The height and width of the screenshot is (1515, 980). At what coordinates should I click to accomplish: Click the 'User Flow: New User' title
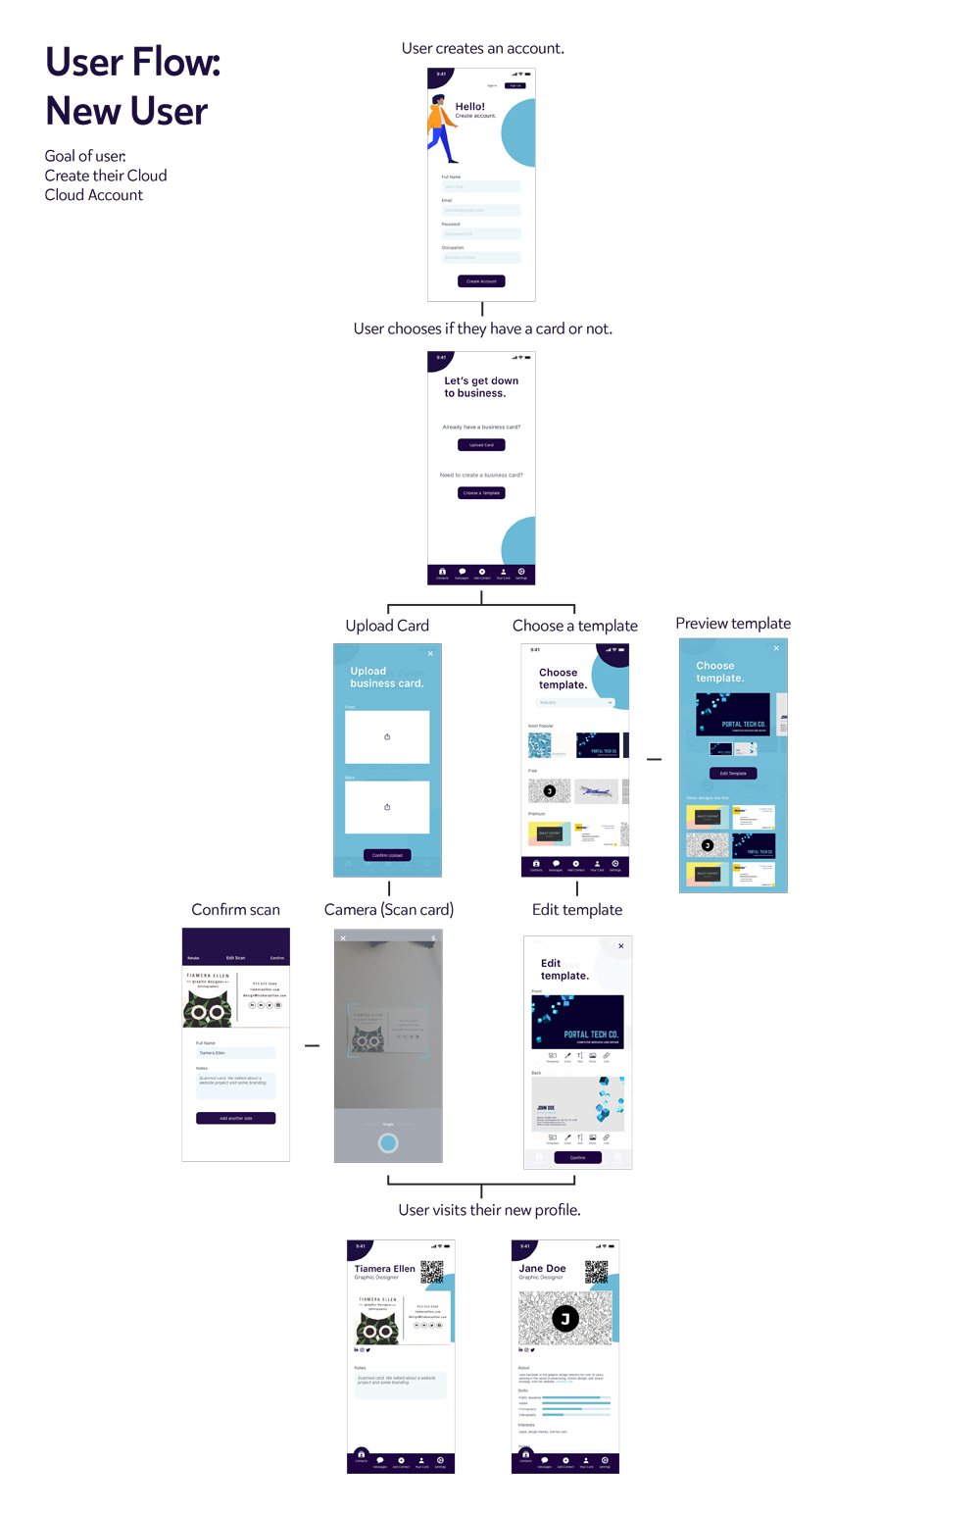[x=133, y=86]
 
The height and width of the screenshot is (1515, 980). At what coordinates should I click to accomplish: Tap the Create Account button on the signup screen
[x=481, y=281]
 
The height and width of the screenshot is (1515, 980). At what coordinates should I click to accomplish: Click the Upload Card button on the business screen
[x=481, y=445]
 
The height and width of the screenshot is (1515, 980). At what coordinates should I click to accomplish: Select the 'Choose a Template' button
[x=481, y=493]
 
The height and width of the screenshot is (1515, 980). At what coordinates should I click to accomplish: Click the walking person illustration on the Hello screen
[x=442, y=128]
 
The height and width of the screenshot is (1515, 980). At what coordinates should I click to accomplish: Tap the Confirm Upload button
[x=387, y=855]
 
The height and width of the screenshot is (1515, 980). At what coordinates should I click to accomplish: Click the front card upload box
[x=387, y=736]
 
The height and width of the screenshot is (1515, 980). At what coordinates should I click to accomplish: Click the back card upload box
[x=387, y=807]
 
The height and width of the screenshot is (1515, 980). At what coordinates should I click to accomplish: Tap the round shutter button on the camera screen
[x=388, y=1142]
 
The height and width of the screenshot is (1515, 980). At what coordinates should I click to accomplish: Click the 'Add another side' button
[x=235, y=1118]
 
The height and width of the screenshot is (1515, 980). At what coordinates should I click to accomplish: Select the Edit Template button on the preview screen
[x=733, y=774]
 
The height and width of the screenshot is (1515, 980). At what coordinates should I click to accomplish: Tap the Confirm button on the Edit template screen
[x=578, y=1158]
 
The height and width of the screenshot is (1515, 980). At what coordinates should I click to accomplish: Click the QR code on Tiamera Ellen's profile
[x=432, y=1272]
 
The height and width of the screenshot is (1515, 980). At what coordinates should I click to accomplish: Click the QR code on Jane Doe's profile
[x=597, y=1272]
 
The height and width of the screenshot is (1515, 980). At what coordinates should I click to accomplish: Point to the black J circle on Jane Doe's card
[x=564, y=1319]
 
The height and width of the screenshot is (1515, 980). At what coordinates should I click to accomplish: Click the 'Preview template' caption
[x=733, y=624]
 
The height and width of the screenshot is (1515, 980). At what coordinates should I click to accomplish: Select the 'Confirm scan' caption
[x=235, y=910]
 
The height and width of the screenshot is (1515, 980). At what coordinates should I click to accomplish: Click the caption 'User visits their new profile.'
[x=489, y=1210]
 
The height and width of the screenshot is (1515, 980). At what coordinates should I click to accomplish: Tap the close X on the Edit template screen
[x=621, y=946]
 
